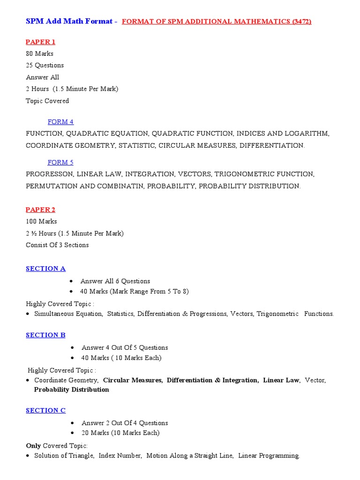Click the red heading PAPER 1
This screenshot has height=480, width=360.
pos(40,42)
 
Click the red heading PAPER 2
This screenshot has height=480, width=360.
pos(40,210)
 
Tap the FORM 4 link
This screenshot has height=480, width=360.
pos(60,122)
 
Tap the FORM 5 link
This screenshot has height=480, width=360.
pos(60,162)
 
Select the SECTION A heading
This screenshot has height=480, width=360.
pos(45,269)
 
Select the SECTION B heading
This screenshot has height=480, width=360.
pos(45,335)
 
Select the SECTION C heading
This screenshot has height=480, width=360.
pos(45,411)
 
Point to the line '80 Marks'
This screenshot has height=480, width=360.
pos(39,53)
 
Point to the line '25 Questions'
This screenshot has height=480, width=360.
pos(45,65)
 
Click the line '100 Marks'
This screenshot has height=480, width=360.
pos(41,221)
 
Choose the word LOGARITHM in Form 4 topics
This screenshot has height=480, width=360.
pos(310,134)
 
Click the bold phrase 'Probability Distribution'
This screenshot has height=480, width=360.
pos(72,390)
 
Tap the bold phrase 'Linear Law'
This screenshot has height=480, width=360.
pos(281,380)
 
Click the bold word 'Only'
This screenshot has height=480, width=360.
pos(33,445)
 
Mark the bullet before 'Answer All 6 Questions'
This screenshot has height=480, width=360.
pos(71,281)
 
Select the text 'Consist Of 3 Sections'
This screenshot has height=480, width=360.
pos(57,245)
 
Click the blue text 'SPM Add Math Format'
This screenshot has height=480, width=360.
pos(69,21)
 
